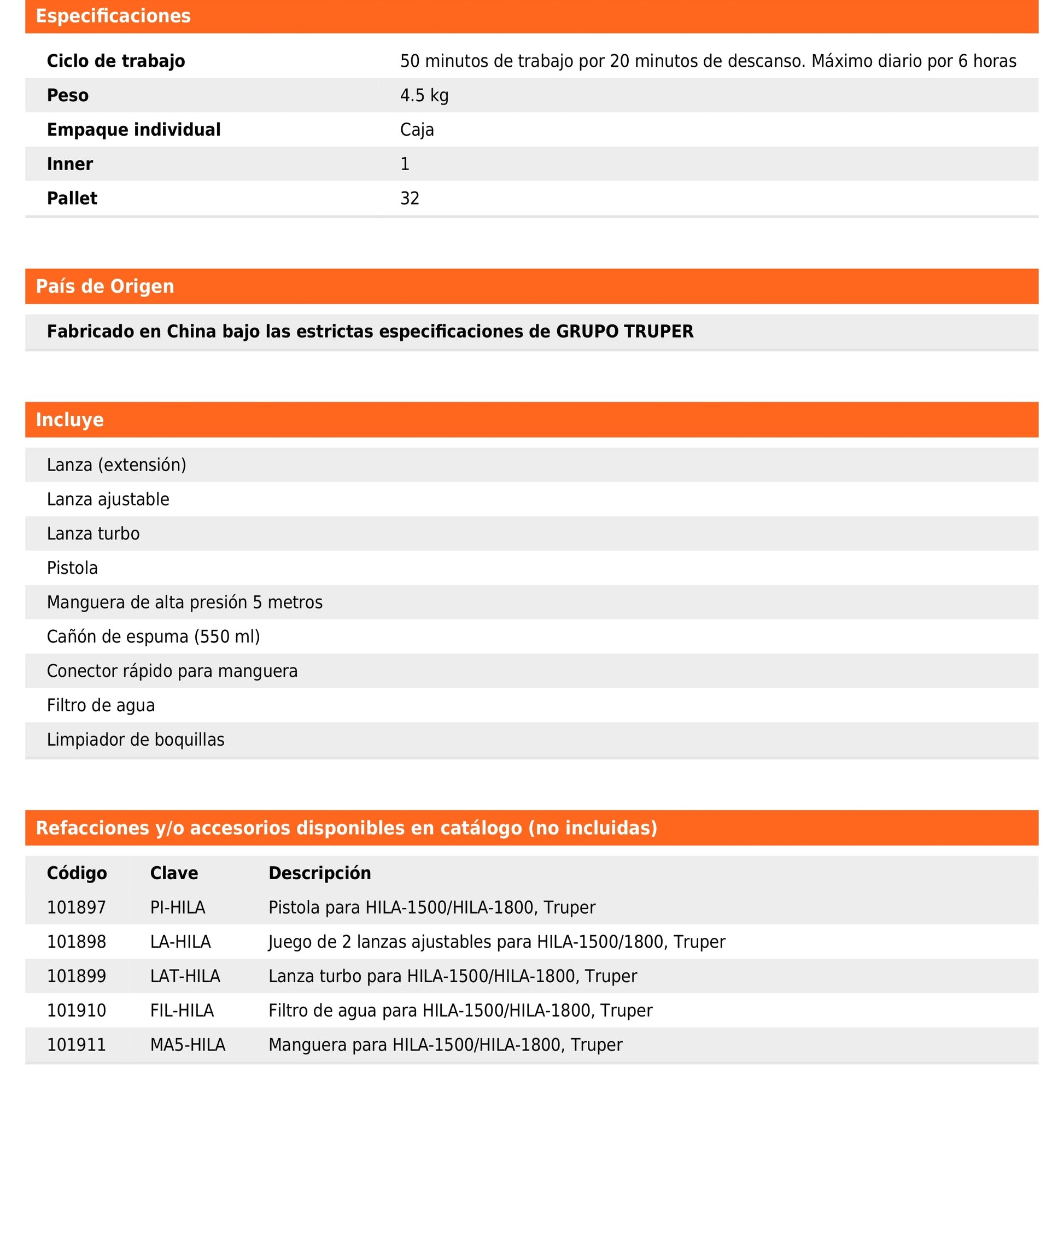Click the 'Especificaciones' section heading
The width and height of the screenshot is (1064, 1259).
(113, 16)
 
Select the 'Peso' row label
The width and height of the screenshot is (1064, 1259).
(68, 95)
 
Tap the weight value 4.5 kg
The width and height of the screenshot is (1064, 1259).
(424, 95)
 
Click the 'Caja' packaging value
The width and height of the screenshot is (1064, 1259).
(417, 130)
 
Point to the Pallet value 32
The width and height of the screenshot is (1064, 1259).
(410, 199)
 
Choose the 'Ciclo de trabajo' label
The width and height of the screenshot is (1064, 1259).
(116, 61)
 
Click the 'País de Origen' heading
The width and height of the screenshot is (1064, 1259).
(105, 286)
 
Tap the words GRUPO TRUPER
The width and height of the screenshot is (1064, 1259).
(624, 332)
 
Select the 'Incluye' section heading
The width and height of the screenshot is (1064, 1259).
(69, 420)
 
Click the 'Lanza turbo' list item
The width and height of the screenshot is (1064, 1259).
(93, 533)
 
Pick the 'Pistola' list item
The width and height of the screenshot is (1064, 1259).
(72, 568)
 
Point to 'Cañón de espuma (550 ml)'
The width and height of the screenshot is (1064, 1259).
(153, 637)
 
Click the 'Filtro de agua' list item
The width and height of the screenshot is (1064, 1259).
(101, 705)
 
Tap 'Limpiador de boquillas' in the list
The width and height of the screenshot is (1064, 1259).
(136, 740)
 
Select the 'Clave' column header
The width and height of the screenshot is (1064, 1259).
(174, 873)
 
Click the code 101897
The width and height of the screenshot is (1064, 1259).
(77, 908)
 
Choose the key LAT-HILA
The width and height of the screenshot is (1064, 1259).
(185, 977)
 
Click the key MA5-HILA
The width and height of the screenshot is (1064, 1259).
(188, 1046)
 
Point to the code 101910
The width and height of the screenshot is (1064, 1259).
(77, 1011)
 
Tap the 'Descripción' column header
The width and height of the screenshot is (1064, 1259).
(320, 873)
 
